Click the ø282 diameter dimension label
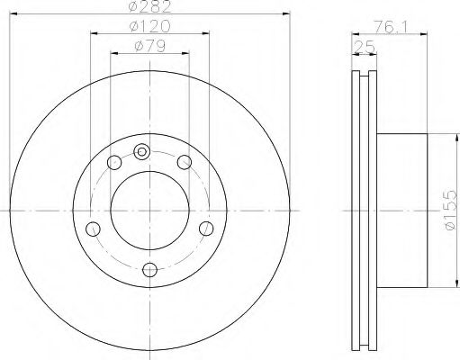[149, 8]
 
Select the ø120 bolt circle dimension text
[149, 28]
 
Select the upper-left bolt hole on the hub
[113, 162]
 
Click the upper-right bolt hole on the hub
[185, 162]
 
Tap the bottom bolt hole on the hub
[149, 267]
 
